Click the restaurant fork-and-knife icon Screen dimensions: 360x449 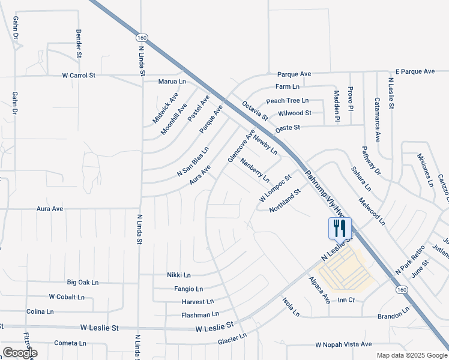click(x=339, y=228)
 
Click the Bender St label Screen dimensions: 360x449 click(x=79, y=43)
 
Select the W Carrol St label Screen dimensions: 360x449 click(x=79, y=76)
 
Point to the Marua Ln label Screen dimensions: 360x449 click(x=172, y=81)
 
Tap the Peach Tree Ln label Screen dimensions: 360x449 click(x=287, y=100)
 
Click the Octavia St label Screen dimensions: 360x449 click(x=255, y=110)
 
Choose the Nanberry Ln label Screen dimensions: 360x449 click(x=255, y=170)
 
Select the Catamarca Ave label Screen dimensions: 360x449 click(x=378, y=119)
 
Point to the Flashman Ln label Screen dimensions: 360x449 click(x=200, y=314)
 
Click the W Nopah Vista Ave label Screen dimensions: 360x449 click(x=343, y=345)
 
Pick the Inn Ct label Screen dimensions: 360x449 click(x=346, y=299)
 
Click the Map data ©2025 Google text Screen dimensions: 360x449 click(x=411, y=355)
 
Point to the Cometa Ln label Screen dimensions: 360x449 click(x=70, y=343)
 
